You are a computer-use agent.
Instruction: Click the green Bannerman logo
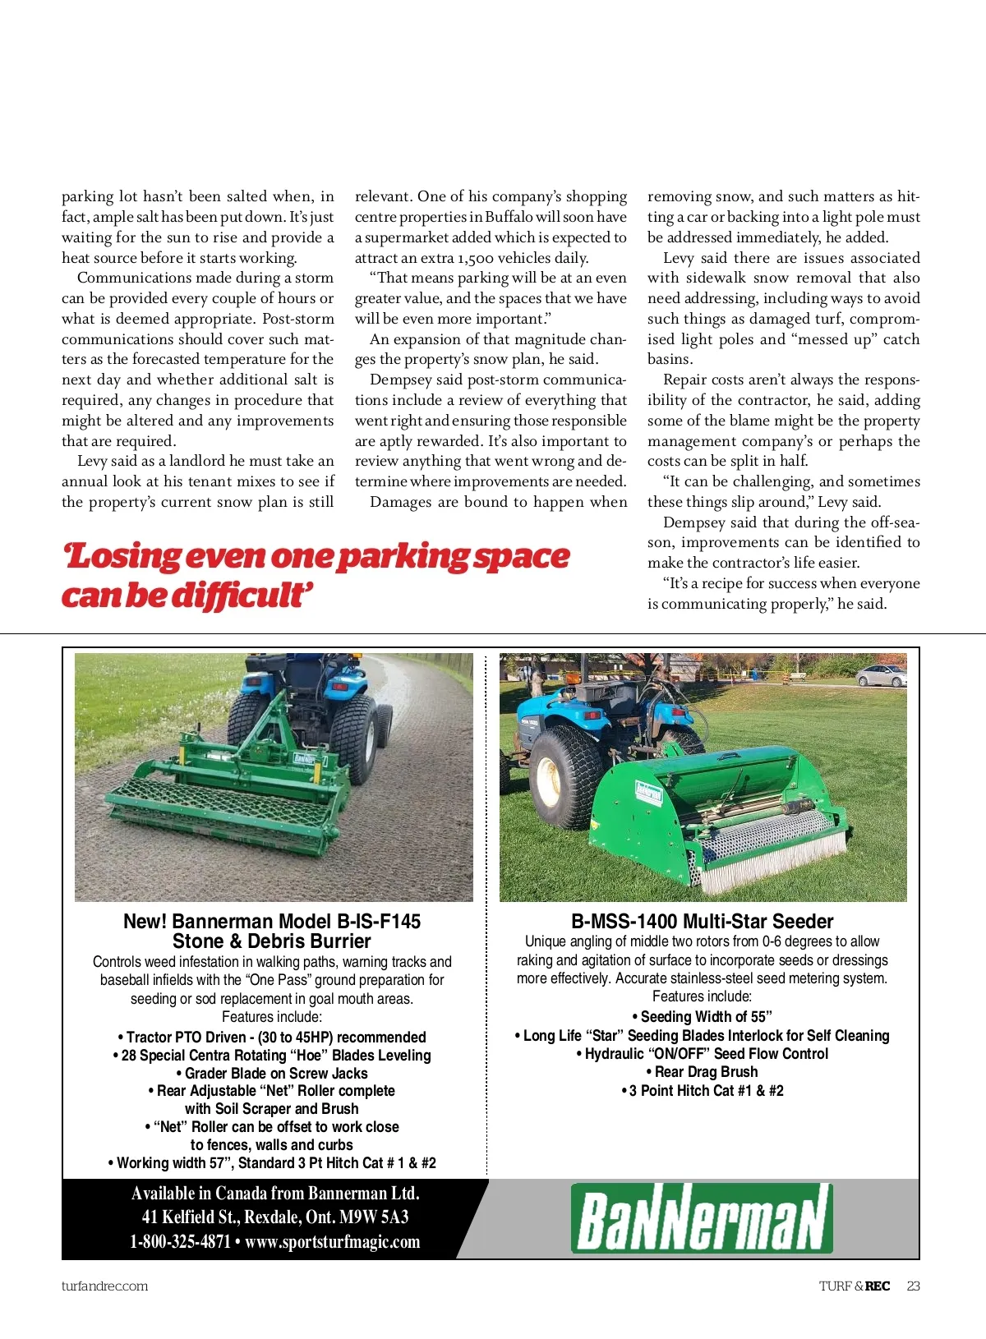click(702, 1218)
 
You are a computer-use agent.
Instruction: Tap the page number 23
click(913, 1286)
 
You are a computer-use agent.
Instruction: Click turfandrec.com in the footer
click(104, 1286)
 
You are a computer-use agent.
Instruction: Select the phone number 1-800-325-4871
click(180, 1242)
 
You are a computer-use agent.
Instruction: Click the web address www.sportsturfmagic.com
click(332, 1242)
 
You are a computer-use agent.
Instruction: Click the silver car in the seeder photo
click(880, 676)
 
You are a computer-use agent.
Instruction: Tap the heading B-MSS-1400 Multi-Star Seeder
click(702, 922)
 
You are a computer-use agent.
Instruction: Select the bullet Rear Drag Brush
click(702, 1072)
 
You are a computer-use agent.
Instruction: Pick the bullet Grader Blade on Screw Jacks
click(272, 1074)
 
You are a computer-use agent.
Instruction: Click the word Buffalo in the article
click(508, 218)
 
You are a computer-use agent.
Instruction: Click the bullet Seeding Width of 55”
click(702, 1017)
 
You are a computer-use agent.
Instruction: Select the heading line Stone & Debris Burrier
click(272, 942)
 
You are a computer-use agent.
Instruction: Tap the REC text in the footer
click(878, 1286)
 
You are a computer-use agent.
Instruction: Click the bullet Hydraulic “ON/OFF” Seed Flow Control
click(702, 1054)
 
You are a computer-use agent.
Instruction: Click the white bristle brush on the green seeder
click(776, 862)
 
